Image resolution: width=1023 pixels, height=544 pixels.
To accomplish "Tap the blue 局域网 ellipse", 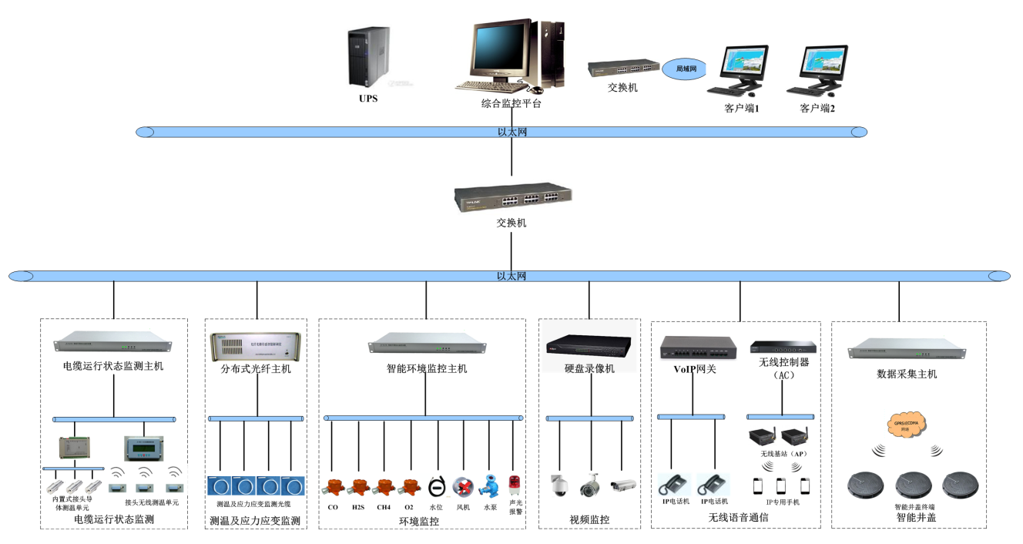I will point(686,69).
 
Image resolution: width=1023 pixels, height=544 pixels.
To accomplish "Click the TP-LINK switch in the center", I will point(512,198).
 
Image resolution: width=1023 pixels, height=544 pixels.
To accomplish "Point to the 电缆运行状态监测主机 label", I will point(113,366).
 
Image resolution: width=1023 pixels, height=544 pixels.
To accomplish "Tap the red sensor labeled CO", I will point(333,487).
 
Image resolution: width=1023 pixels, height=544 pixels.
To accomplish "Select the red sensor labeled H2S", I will point(358,487).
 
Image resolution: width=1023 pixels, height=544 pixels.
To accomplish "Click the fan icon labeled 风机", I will point(463,486).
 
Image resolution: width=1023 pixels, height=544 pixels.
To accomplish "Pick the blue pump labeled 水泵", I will point(489,487).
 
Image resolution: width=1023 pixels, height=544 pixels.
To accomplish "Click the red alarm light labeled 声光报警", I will point(515,485).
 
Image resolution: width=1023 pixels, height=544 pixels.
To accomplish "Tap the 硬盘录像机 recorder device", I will point(589,348).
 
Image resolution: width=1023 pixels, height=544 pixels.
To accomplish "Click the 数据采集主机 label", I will point(907,374).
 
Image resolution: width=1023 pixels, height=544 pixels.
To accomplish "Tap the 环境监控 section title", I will point(419,522).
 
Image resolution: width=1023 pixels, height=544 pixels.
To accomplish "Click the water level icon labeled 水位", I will point(436,486).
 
